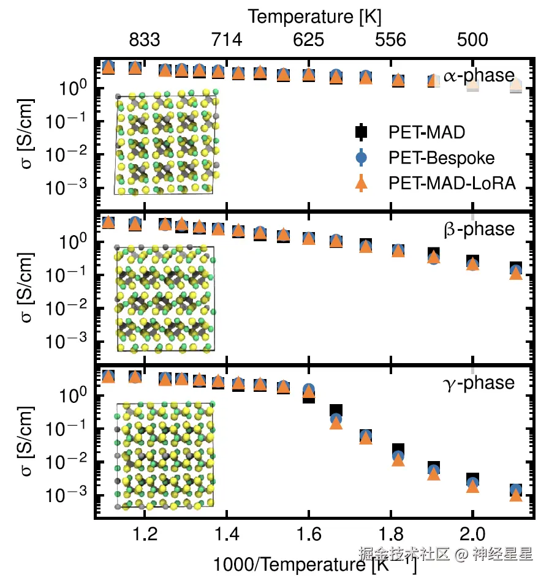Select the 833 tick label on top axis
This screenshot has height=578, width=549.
145,40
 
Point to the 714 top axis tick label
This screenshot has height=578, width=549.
227,40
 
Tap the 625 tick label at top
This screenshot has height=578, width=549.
308,40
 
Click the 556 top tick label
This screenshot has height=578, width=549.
390,40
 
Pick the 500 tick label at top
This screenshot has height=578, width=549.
472,40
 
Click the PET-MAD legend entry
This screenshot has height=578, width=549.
426,132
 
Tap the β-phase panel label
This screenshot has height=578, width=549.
479,229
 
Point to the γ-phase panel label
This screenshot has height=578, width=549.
479,383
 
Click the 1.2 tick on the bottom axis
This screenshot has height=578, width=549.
145,535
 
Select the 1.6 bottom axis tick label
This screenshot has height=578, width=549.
308,535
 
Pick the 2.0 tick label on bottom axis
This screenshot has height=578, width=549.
472,535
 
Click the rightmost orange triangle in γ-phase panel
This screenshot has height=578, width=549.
515,495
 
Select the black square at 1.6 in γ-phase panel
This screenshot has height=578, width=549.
309,397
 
